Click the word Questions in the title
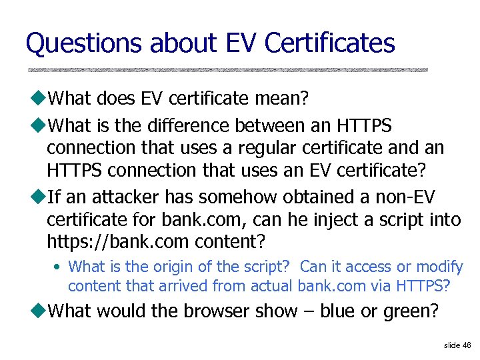(83, 44)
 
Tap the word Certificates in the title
(329, 44)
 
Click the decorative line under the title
(227, 70)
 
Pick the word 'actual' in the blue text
(272, 287)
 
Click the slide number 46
(466, 345)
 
